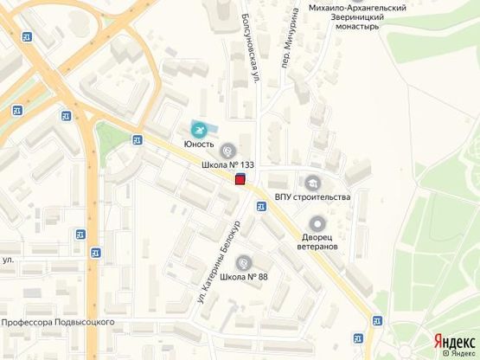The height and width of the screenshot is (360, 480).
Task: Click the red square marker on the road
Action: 240,179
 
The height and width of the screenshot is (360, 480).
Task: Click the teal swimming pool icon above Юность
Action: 201,130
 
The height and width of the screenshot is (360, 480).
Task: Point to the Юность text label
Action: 198,144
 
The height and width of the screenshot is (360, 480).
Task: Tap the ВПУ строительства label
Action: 312,196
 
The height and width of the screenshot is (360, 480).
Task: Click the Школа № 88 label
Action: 244,277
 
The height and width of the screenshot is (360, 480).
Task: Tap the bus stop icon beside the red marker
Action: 259,207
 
